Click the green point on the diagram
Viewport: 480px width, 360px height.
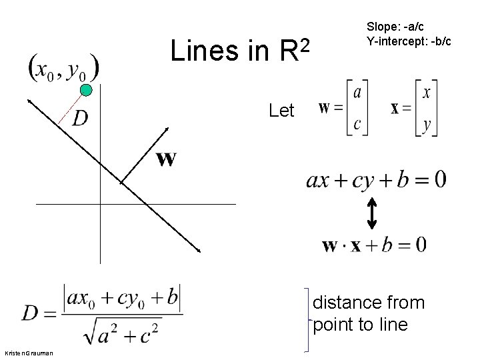pos(85,91)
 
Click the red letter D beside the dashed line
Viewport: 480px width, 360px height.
pos(80,118)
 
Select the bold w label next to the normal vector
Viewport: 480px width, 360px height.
pos(166,159)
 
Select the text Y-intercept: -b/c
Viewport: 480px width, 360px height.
pos(409,41)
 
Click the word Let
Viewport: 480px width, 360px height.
pos(281,111)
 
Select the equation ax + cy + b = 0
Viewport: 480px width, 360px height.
pos(376,179)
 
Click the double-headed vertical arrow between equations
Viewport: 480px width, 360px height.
pos(371,212)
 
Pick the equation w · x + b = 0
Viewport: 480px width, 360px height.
pos(374,245)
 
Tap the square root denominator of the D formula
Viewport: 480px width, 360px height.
pos(123,329)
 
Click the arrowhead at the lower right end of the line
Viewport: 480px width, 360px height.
pos(198,250)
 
